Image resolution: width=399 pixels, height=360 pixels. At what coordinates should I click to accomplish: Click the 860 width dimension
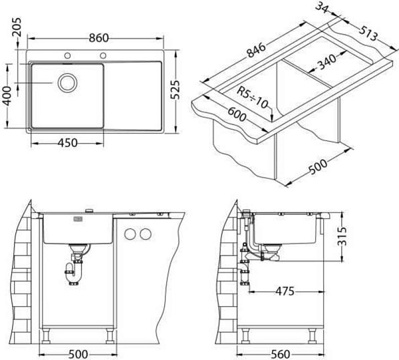point(98,38)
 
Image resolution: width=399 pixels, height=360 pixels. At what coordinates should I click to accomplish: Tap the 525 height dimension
point(175,90)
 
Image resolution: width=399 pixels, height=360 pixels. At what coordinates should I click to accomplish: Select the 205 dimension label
point(17,27)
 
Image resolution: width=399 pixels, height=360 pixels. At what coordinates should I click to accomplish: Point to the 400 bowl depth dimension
point(7,96)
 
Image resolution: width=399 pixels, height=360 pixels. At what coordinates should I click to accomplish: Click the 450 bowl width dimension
point(67,143)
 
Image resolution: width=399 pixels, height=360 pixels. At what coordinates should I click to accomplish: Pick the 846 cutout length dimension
point(257,51)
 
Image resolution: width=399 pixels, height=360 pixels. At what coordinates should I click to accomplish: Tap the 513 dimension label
point(368,33)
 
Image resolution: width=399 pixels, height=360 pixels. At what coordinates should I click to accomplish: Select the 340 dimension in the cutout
point(327,62)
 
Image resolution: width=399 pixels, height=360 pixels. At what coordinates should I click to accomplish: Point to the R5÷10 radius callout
point(253,97)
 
